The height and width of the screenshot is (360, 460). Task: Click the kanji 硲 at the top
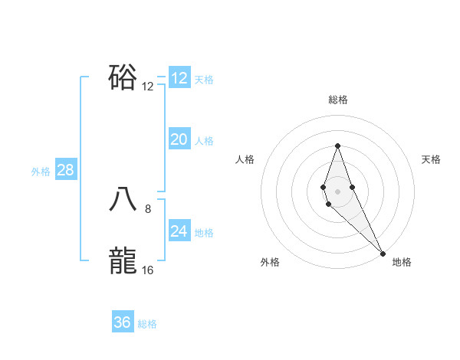coord(123,77)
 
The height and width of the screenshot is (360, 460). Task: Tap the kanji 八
coord(123,201)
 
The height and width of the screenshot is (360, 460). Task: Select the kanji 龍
coord(123,261)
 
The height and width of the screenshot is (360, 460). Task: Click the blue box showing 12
coord(179,78)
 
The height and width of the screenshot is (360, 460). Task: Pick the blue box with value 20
coord(179,139)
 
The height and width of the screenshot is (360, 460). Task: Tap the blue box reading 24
coord(179,231)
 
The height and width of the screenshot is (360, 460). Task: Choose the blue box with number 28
coord(65,170)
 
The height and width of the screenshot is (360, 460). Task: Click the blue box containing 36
coord(123,322)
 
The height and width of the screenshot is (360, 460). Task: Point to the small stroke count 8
coord(148,208)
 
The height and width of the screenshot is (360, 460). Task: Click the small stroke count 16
coord(148,270)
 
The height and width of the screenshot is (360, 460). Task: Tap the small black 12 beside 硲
coord(148,86)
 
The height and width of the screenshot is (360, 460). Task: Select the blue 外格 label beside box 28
coord(41,172)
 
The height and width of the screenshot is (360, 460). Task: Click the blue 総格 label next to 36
coord(147,324)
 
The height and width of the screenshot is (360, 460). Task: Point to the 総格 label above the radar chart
coord(337,100)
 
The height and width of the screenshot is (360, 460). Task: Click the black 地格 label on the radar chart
coord(402,262)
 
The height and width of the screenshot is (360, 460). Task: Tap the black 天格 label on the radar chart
coord(431,159)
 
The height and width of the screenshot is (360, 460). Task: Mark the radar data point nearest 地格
coord(383,253)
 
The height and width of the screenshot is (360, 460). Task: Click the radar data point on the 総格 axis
coord(337,146)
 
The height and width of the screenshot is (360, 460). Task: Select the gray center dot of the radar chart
coord(337,191)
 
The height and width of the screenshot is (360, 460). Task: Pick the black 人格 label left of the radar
coord(245,159)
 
